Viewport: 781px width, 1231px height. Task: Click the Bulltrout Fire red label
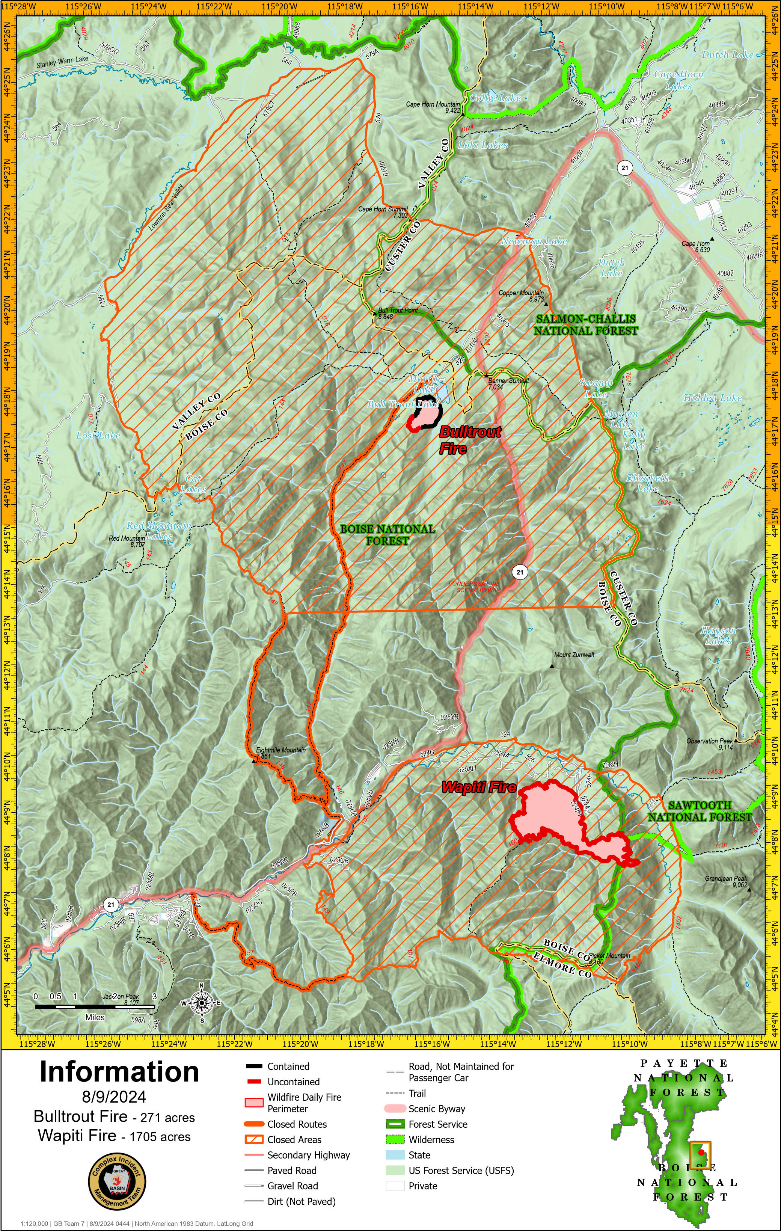pos(469,440)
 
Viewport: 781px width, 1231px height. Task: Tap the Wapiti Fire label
pos(479,787)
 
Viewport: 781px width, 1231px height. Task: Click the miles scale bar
pos(95,1006)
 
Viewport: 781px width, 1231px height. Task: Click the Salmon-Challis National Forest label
pos(586,324)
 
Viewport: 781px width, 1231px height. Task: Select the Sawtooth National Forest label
pos(700,811)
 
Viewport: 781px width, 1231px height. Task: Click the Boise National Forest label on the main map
pos(387,535)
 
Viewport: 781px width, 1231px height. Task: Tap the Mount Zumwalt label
pos(574,655)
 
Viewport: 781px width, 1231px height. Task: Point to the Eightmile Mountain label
pos(280,750)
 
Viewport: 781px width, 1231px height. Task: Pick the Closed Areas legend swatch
pos(254,1139)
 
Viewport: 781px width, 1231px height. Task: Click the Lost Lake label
pos(98,436)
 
